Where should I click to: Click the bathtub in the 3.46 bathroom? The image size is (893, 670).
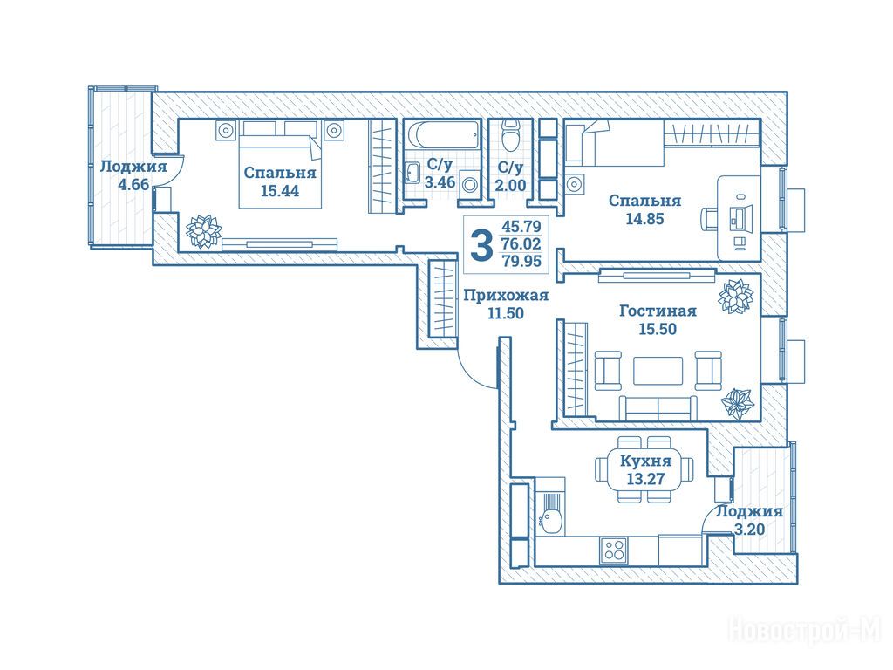pos(443,135)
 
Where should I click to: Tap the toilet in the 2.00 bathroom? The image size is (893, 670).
pos(510,135)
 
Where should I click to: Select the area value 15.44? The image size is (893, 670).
pos(280,191)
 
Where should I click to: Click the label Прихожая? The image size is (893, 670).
pos(506,295)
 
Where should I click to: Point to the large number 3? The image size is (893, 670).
pos(481,245)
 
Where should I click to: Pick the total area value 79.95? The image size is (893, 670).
pos(521,261)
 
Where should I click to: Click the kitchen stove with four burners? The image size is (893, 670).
pos(614,550)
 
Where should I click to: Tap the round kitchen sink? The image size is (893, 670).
pos(551,520)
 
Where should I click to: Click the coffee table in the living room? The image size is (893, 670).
pos(658,371)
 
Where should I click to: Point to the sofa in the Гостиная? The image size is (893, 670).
pos(658,408)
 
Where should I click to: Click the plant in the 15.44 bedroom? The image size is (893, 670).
pos(203,231)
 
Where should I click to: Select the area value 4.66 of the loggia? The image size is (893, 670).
pos(133,185)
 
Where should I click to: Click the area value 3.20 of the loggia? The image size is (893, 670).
pos(749,530)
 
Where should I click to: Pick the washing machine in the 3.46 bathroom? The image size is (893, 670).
pos(470,184)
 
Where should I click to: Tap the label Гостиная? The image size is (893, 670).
pos(658,311)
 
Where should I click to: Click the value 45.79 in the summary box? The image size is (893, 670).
pos(521,226)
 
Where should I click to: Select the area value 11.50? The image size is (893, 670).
pos(506,313)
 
